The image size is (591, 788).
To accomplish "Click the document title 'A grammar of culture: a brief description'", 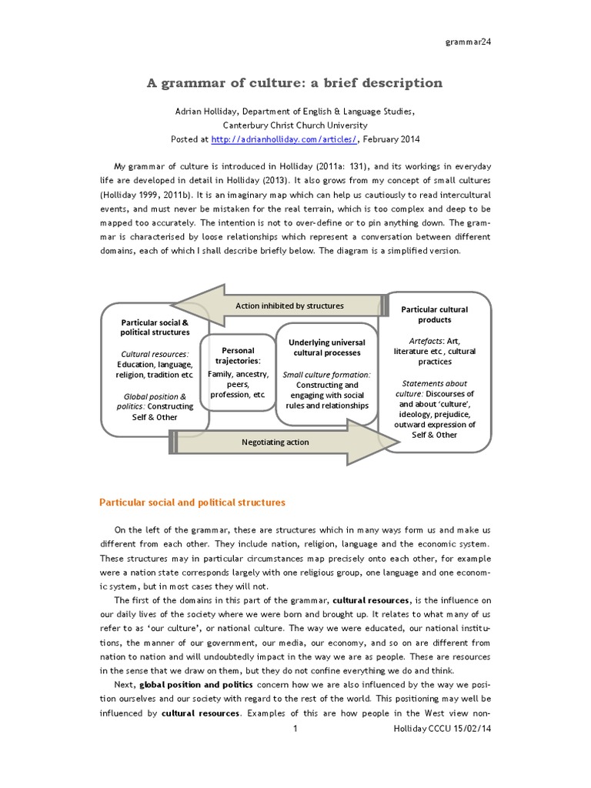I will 295,82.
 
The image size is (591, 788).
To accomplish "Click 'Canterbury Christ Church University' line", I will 295,125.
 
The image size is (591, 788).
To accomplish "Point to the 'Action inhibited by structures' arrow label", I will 289,306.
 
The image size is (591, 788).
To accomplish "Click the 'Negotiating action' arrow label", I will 275,442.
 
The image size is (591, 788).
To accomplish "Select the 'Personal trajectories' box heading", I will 237,356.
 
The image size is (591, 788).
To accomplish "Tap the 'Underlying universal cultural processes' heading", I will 326,347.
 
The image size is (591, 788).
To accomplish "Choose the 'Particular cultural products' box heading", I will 435,314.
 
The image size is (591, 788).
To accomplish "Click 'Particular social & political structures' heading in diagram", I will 155,327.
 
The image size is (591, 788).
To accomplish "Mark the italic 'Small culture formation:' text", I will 326,375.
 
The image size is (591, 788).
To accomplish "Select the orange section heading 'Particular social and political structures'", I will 192,503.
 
